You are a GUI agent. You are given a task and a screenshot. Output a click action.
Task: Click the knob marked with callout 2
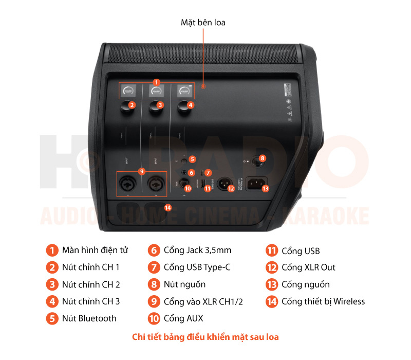point(125,107)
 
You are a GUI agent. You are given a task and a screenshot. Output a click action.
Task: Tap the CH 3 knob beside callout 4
point(183,107)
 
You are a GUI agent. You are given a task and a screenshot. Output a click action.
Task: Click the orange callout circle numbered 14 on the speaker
point(167,207)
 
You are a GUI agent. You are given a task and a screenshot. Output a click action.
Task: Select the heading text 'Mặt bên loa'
point(203,23)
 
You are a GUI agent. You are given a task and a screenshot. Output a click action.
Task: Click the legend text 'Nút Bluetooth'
point(89,318)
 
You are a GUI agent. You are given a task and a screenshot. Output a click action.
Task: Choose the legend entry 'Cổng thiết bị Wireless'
point(323,301)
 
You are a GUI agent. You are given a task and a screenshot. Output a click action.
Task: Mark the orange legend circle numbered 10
point(154,318)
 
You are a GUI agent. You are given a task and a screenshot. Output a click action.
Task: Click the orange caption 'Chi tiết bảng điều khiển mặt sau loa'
point(206,337)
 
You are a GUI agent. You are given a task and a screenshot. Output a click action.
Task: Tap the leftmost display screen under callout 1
point(128,91)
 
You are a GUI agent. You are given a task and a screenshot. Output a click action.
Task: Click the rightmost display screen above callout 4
point(184,91)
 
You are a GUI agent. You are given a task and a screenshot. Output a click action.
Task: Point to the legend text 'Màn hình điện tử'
point(95,250)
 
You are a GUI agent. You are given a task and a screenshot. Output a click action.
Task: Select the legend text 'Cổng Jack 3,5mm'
point(197,250)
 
